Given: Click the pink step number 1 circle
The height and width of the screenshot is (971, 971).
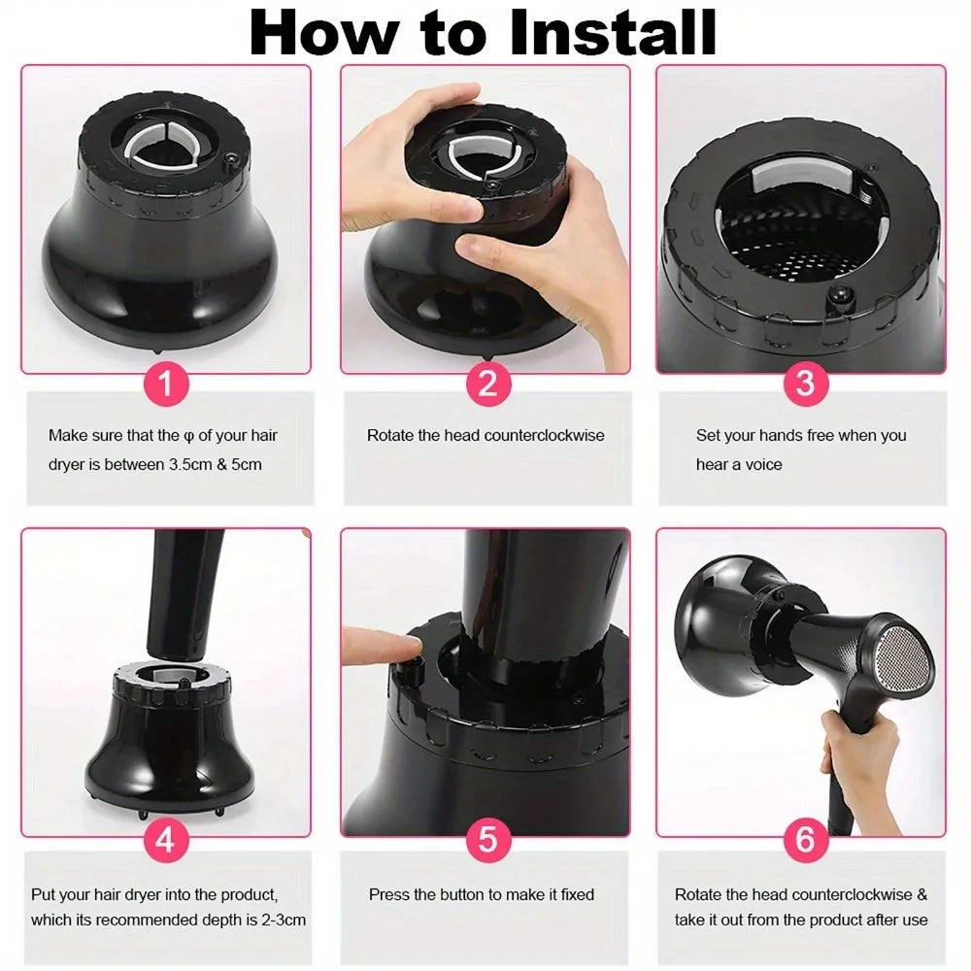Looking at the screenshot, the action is (165, 384).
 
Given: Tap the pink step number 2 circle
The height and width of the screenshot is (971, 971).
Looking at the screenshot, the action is (488, 384).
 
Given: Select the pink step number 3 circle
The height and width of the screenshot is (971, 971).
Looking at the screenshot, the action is (804, 384).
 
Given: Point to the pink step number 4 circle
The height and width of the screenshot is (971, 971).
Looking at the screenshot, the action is (165, 840).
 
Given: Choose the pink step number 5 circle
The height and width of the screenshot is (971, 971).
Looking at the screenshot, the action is (488, 840).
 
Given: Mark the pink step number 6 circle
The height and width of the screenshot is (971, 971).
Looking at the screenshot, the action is (804, 840).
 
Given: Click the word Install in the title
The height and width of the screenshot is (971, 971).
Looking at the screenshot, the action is (613, 32).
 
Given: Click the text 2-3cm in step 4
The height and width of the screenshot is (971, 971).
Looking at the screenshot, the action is (284, 920).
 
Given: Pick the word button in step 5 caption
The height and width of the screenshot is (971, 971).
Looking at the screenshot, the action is (462, 895).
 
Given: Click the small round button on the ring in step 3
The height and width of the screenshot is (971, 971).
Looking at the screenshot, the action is (839, 296).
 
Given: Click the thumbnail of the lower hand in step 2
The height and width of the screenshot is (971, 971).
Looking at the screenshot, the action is (475, 248).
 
